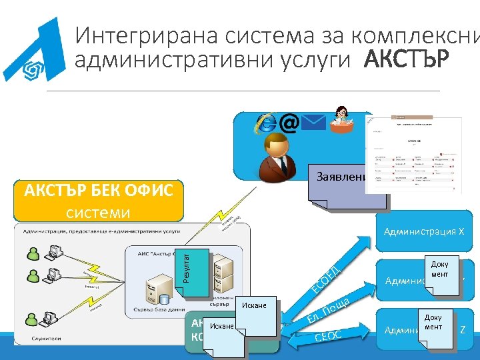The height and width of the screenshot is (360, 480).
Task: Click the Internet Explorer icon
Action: [266, 123]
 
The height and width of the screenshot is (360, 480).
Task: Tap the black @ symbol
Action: [289, 123]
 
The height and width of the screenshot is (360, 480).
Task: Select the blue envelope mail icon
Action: [313, 123]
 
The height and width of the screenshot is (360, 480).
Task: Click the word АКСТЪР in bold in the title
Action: [407, 60]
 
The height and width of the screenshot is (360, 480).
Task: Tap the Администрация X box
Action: [424, 231]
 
